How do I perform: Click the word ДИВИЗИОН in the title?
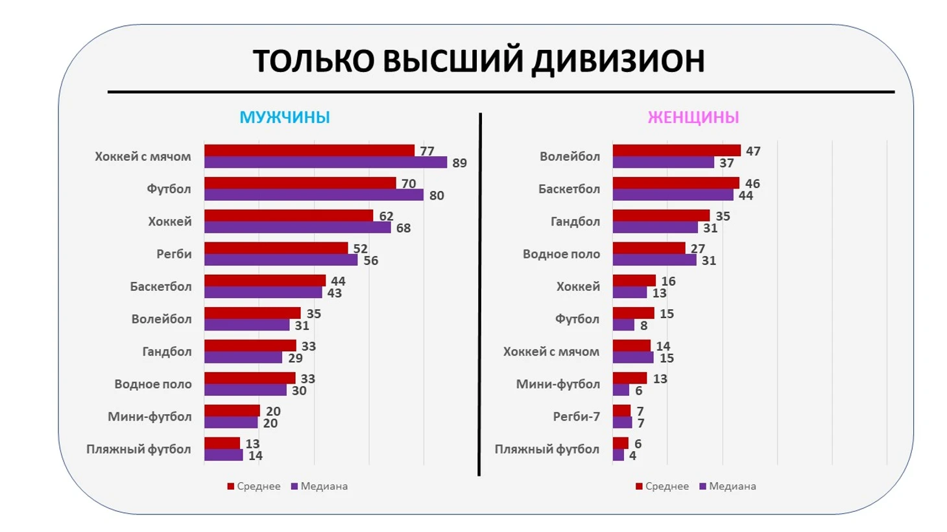click(x=618, y=61)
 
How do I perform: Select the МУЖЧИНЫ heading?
click(x=285, y=117)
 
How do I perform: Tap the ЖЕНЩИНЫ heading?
click(x=693, y=117)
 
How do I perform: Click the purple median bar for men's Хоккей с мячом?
click(x=325, y=163)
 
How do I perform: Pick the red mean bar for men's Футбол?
click(x=300, y=183)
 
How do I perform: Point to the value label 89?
click(x=459, y=163)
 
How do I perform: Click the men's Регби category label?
click(x=174, y=254)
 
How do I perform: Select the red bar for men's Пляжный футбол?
click(x=222, y=443)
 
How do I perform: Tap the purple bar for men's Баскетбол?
click(x=263, y=293)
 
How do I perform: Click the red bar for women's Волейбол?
click(x=676, y=151)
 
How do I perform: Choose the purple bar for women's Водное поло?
click(x=654, y=260)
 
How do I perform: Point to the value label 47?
click(x=752, y=152)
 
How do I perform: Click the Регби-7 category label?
click(x=576, y=417)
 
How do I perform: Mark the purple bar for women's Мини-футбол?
click(x=621, y=390)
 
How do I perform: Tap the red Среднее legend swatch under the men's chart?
click(x=230, y=486)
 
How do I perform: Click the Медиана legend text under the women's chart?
click(x=732, y=486)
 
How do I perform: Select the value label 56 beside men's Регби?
click(x=370, y=260)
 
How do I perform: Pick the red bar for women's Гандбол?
click(x=661, y=216)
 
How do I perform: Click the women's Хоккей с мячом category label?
click(x=551, y=352)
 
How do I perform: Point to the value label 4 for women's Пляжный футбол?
click(x=632, y=456)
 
